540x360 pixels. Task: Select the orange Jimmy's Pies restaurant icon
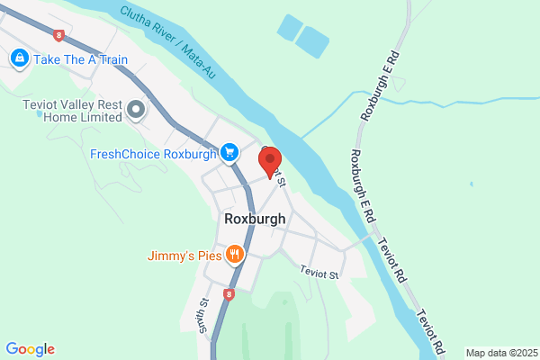pos(234,255)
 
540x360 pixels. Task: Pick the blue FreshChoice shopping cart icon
pos(229,153)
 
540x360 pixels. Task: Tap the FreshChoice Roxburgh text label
pos(154,153)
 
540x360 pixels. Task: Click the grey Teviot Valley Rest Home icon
pos(136,110)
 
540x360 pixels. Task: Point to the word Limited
pos(98,117)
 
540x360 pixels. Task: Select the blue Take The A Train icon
pos(19,59)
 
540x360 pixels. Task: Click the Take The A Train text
pos(81,60)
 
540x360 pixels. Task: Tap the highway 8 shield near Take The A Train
pos(59,35)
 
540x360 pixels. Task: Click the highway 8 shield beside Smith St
pos(229,294)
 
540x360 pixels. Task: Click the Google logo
pos(30,349)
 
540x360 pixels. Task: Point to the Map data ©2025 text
pos(500,353)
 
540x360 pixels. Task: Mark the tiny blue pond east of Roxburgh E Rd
pos(472,184)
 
